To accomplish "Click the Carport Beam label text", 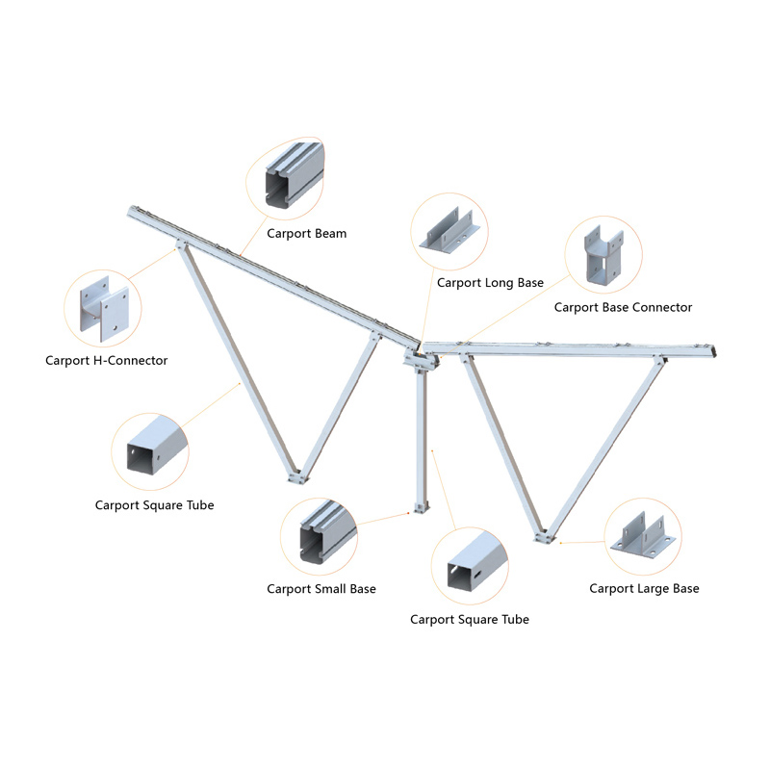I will [306, 234].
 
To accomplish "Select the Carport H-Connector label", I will [107, 361].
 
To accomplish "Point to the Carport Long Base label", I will [490, 283].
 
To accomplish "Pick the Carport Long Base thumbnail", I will [450, 234].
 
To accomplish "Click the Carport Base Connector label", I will [623, 308].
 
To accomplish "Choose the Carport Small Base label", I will [321, 589].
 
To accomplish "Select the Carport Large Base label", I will [644, 588].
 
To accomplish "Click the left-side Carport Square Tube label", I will [154, 505].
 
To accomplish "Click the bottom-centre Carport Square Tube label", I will [470, 620].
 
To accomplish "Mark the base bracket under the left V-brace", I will [299, 477].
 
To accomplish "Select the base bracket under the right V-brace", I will [546, 536].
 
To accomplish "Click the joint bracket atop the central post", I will [421, 360].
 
